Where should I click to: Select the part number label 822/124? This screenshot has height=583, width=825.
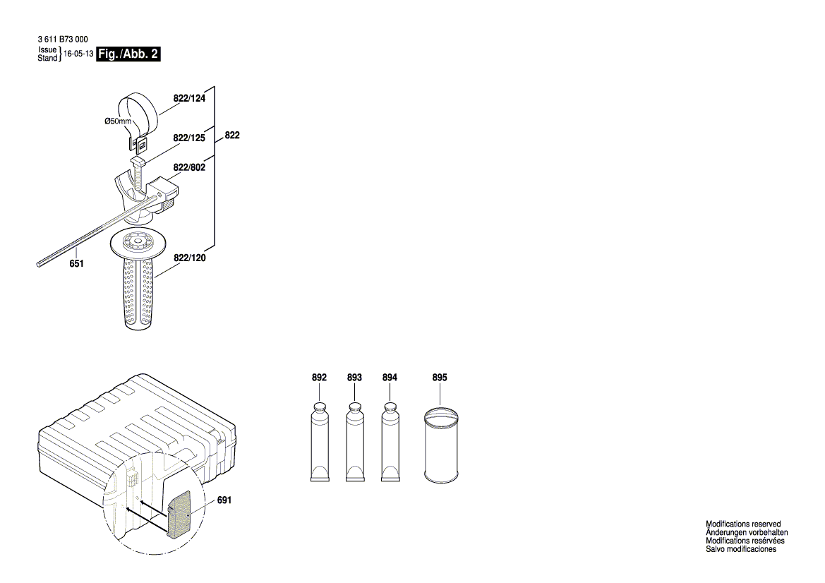[188, 99]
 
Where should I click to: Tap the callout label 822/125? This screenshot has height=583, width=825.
[188, 138]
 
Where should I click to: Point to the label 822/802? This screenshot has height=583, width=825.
[188, 168]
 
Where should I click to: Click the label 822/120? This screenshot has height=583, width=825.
[189, 259]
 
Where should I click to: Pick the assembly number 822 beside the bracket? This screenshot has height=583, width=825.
[232, 135]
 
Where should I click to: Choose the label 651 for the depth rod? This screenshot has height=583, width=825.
[76, 263]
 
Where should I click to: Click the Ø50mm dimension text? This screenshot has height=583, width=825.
[118, 121]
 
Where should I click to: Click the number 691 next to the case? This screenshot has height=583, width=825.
[224, 500]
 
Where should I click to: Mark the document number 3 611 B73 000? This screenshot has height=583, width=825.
[61, 40]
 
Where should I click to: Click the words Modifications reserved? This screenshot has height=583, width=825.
[743, 524]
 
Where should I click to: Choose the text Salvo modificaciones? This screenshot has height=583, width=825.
[741, 549]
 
